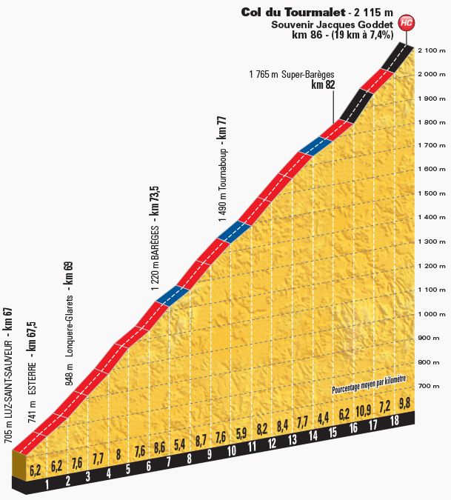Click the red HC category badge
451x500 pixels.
(x=405, y=22)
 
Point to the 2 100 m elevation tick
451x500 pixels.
(x=430, y=50)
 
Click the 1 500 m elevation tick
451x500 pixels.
(x=430, y=194)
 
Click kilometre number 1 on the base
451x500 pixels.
(x=47, y=486)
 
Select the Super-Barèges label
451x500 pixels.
(x=293, y=74)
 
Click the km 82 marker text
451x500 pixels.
(x=324, y=86)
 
